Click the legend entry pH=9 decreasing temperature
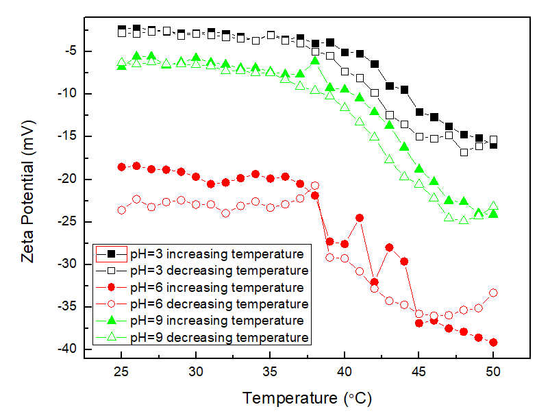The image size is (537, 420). click(219, 337)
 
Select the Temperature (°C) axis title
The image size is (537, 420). click(308, 398)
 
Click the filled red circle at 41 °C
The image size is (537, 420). click(360, 218)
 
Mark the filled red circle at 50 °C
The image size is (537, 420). click(493, 343)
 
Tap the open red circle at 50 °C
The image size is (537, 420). click(493, 293)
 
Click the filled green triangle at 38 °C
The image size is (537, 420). click(315, 61)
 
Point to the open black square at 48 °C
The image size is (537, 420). click(464, 152)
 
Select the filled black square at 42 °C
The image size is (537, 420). click(375, 64)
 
